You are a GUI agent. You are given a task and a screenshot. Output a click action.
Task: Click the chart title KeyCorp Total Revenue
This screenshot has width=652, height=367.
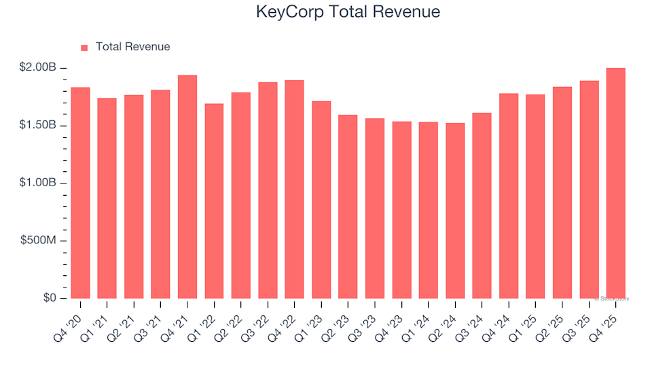348,12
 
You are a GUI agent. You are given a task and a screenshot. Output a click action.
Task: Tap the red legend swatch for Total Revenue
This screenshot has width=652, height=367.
85,48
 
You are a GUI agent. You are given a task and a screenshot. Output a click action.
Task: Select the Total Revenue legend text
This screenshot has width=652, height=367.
132,47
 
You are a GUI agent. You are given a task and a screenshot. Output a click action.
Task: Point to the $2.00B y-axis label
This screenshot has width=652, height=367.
38,68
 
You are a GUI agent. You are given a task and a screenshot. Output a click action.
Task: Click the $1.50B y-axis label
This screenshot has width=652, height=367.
38,126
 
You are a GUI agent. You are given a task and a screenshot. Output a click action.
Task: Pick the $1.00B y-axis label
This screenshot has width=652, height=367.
38,183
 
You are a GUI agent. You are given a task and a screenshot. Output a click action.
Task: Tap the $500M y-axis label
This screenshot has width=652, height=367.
40,241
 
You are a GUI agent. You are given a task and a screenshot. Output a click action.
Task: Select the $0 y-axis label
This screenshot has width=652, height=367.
50,298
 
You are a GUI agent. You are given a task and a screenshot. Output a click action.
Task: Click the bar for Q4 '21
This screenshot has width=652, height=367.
187,187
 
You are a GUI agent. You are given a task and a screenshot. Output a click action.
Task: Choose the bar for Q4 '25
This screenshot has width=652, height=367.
615,183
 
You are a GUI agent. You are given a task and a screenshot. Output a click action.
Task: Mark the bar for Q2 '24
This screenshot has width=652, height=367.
455,211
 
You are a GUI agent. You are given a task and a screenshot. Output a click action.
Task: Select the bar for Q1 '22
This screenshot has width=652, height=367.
214,201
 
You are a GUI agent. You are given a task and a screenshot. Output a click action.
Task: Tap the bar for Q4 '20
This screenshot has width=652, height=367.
80,193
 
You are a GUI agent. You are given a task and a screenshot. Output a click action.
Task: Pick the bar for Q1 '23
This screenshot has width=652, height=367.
321,200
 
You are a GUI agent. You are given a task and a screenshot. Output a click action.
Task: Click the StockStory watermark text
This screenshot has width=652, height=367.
612,298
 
